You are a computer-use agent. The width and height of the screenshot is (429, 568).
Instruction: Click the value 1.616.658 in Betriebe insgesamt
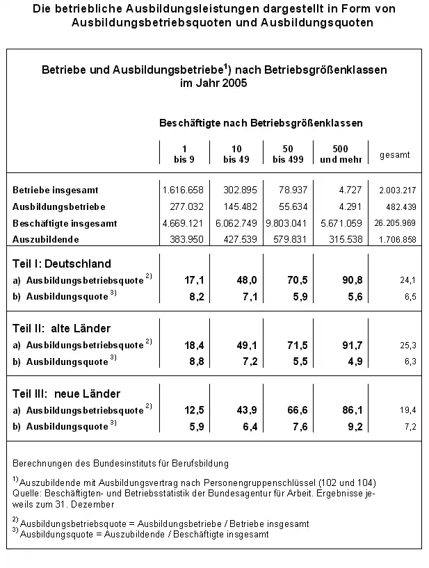tap(183, 190)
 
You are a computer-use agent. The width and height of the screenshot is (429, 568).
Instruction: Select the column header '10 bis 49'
tap(236, 154)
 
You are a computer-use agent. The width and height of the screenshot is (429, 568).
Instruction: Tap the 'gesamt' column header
tap(394, 154)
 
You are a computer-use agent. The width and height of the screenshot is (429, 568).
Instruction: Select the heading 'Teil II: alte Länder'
tap(62, 328)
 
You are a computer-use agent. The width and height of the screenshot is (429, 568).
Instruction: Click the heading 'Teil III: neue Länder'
tap(65, 393)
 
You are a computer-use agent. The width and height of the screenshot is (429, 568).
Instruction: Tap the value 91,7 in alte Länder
tap(337, 345)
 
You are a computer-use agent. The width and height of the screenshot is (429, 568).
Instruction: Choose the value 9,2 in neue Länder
tap(339, 426)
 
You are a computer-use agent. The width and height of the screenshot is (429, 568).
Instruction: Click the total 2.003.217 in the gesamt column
tap(397, 190)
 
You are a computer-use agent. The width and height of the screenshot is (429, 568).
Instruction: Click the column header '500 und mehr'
tap(337, 154)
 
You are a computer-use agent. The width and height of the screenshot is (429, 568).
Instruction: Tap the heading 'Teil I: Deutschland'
tap(62, 263)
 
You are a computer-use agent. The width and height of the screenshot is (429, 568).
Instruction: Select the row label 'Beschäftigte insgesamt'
tap(64, 223)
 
